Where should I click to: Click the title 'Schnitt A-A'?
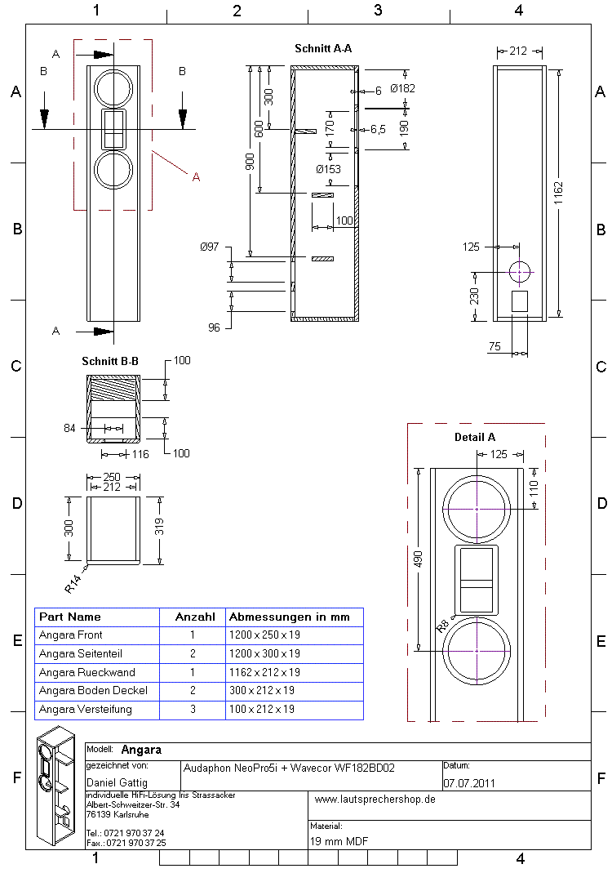[323, 49]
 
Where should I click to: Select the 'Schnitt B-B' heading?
[109, 360]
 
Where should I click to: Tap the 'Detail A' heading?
[475, 437]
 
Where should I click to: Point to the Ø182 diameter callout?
[402, 88]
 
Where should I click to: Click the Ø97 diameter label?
[209, 247]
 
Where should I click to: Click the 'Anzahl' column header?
[195, 617]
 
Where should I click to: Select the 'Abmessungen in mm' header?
[289, 617]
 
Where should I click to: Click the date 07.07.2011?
[469, 783]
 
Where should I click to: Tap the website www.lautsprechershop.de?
[375, 800]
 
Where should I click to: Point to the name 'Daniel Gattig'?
[117, 783]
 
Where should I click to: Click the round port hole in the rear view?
[519, 271]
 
